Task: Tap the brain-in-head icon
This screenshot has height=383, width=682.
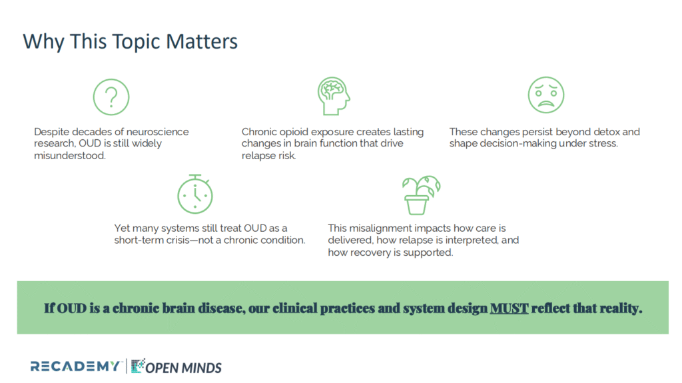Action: point(334,96)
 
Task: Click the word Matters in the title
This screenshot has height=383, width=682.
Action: point(202,42)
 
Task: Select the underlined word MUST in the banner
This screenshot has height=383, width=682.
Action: point(509,308)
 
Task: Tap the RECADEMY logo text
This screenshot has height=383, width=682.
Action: point(75,366)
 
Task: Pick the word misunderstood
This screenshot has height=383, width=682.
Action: point(69,155)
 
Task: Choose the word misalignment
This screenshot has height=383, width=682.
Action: point(378,228)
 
